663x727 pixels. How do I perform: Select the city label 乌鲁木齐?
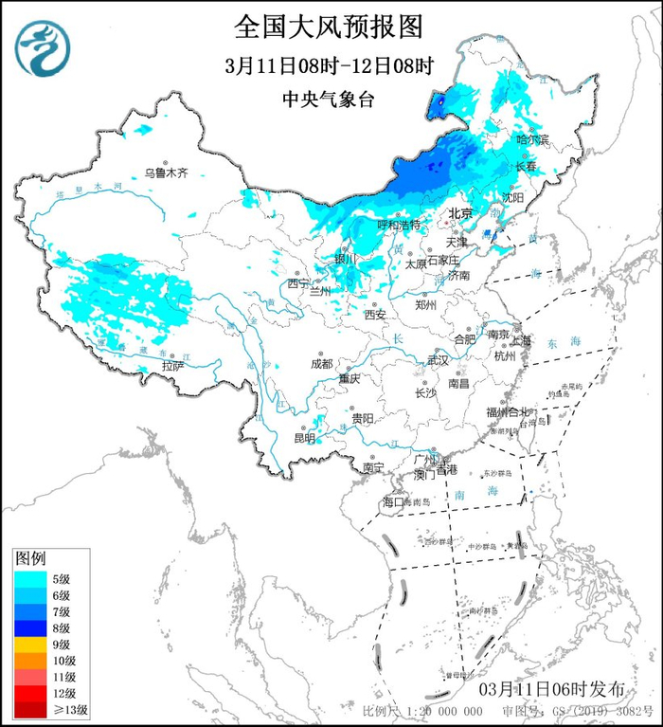(166, 173)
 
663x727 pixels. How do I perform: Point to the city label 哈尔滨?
(531, 139)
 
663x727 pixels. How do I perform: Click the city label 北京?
(459, 213)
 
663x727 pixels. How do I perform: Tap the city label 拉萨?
(171, 365)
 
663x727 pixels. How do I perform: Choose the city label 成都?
(321, 363)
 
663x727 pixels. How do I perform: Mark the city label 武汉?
(438, 361)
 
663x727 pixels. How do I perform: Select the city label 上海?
(522, 339)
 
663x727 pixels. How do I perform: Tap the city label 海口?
(392, 500)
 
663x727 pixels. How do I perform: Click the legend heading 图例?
(31, 559)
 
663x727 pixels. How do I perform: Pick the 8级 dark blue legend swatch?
(32, 627)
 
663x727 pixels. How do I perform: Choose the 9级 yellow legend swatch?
(32, 644)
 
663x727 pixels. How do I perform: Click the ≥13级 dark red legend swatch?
(32, 708)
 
